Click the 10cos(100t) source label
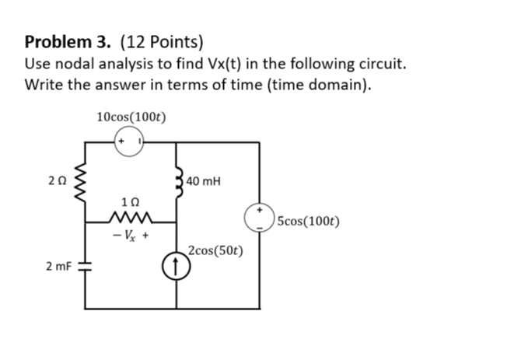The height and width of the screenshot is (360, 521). click(131, 117)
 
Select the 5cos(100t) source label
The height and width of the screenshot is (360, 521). click(308, 220)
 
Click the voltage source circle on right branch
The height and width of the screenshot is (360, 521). click(259, 218)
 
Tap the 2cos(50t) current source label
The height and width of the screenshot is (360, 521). click(215, 251)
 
